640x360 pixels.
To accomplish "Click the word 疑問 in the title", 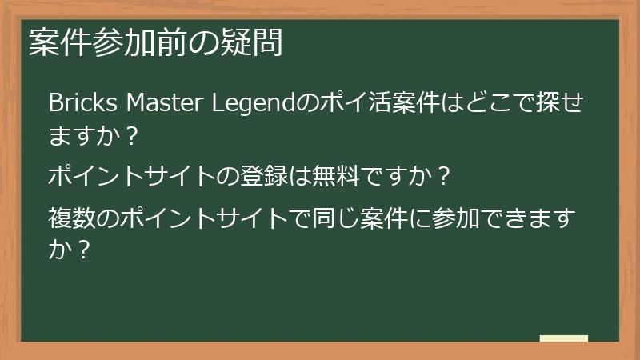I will tap(258, 44).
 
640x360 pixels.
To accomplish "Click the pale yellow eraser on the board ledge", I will tap(563, 338).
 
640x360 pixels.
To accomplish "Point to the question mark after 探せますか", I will tap(132, 136).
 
